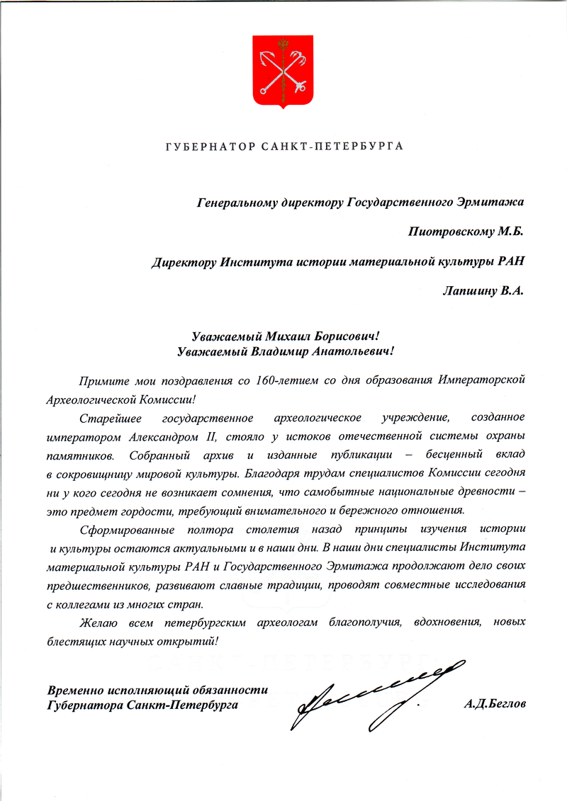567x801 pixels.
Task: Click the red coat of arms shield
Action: [x=283, y=71]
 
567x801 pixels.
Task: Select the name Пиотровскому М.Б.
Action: [x=466, y=232]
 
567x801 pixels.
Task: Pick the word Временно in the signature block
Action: [x=75, y=690]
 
